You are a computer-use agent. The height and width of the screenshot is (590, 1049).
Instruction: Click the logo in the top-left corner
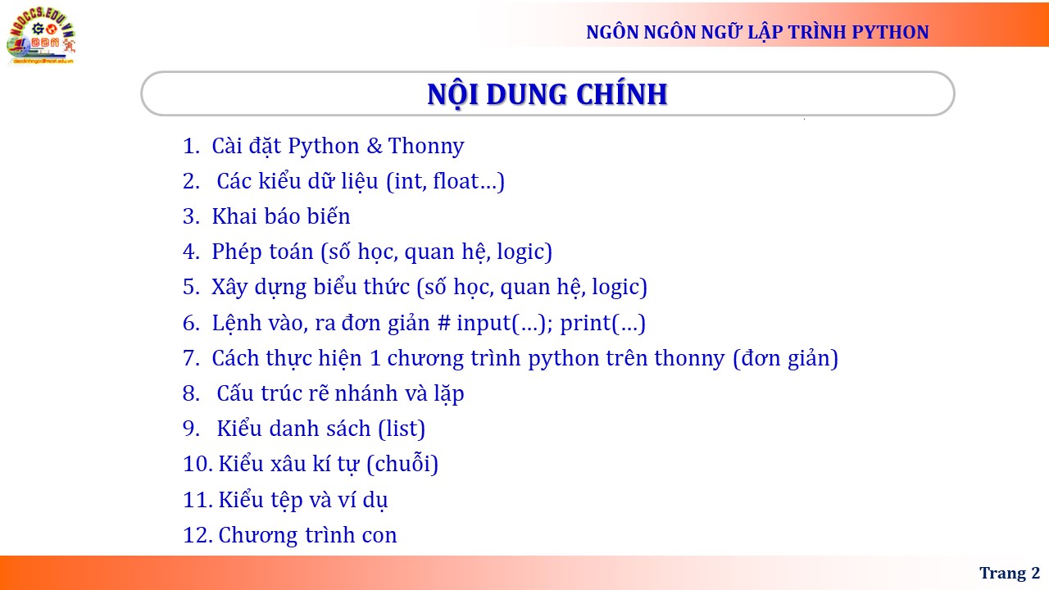click(41, 35)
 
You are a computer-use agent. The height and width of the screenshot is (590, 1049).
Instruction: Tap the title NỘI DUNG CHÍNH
click(547, 94)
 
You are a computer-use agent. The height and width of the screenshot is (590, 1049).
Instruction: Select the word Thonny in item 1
click(426, 146)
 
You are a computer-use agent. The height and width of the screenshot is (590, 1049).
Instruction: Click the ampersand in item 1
click(375, 146)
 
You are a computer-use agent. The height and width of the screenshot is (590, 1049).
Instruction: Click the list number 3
click(191, 216)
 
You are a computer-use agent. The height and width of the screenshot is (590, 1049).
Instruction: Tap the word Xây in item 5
click(229, 288)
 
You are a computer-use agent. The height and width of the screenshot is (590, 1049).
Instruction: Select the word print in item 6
click(585, 323)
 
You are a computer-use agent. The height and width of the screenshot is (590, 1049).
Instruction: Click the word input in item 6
click(484, 323)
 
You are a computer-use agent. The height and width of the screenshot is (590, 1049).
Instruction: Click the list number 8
click(191, 393)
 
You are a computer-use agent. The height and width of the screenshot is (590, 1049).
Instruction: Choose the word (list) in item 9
click(402, 429)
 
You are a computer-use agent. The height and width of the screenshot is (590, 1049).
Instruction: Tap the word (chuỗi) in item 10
click(402, 464)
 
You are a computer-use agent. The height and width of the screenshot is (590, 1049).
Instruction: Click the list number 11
click(198, 500)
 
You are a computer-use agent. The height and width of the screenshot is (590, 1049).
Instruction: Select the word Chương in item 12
click(258, 536)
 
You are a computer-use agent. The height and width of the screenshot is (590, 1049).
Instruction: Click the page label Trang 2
click(1010, 573)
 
